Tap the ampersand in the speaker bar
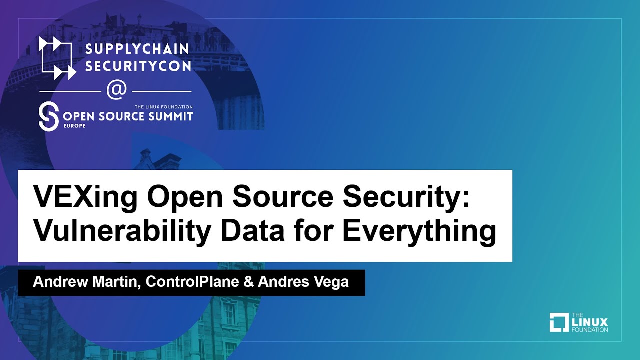248,282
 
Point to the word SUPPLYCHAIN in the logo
137,49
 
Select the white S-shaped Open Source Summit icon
49,117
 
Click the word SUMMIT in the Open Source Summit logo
169,116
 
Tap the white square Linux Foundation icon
559,322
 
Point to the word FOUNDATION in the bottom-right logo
589,330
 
